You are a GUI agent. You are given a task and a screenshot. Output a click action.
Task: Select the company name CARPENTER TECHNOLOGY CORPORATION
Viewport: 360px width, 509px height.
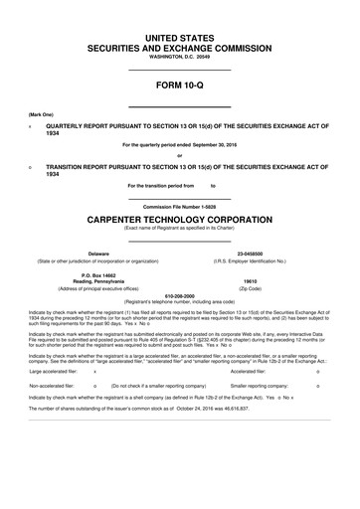coord(180,219)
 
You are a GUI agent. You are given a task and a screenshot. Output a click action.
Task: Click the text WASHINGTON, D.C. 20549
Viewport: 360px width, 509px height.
coord(180,58)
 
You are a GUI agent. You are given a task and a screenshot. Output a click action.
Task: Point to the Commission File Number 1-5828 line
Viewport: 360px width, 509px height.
coord(180,206)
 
